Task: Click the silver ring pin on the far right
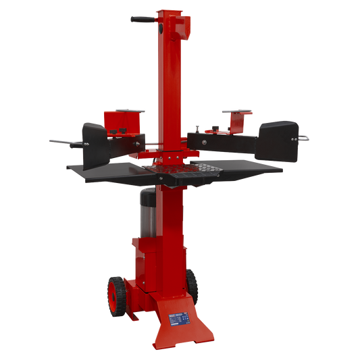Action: point(305,138)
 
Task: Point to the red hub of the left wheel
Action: point(112,292)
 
